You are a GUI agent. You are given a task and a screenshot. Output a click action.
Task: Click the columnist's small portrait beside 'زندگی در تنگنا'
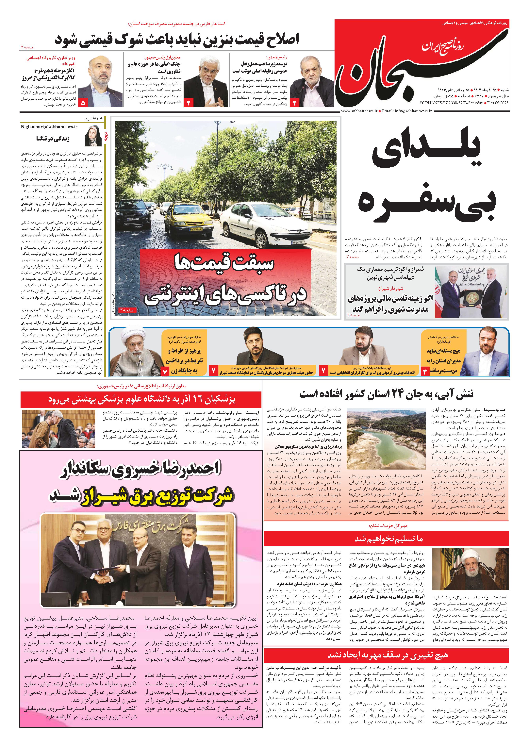coord(93,135)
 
